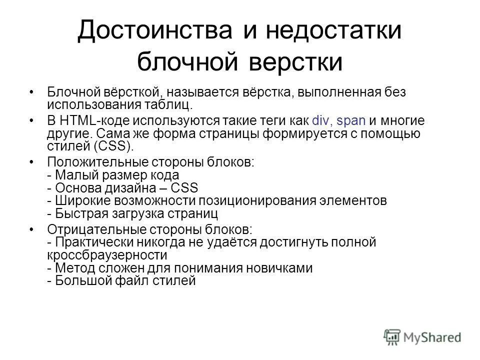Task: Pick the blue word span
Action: click(x=352, y=120)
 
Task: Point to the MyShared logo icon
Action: click(x=392, y=335)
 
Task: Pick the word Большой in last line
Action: click(x=79, y=281)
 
